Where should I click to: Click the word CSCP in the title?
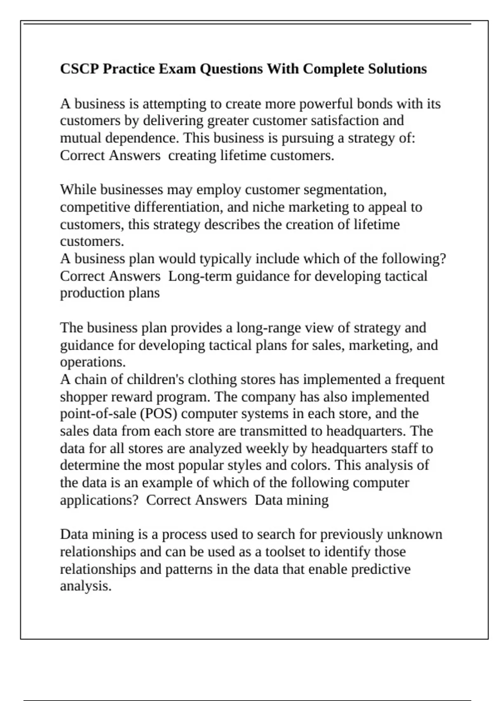(80, 68)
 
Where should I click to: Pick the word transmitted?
(274, 431)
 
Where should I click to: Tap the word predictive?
(381, 569)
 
